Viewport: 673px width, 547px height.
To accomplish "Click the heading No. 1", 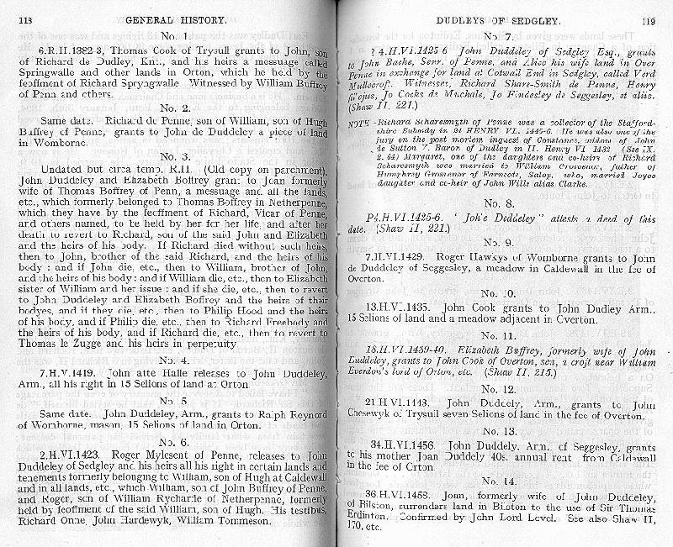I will [x=173, y=36].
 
